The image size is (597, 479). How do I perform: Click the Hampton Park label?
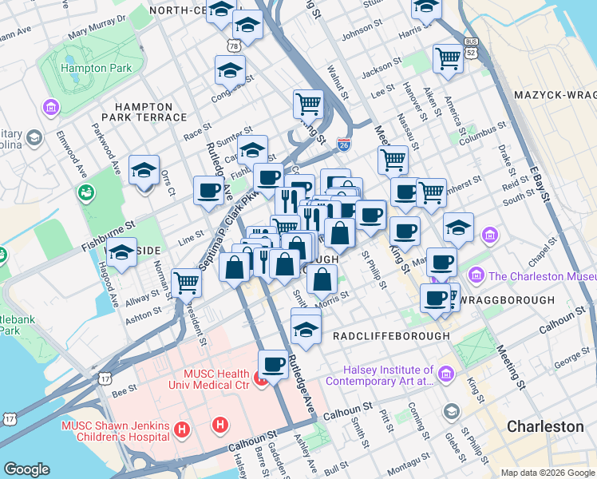coord(95,69)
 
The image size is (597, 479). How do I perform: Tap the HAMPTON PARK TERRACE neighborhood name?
coord(149,112)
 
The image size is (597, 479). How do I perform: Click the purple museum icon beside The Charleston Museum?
coord(476,276)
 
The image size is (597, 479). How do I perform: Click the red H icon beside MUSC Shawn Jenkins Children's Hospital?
coord(182,430)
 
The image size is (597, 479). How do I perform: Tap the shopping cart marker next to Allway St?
coord(186,281)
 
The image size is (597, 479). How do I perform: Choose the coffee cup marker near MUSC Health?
coord(273,364)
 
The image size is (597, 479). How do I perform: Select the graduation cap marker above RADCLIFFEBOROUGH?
coord(306,327)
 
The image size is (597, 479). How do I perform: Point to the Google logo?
coord(27,469)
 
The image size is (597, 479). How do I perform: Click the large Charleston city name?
coord(545,426)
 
